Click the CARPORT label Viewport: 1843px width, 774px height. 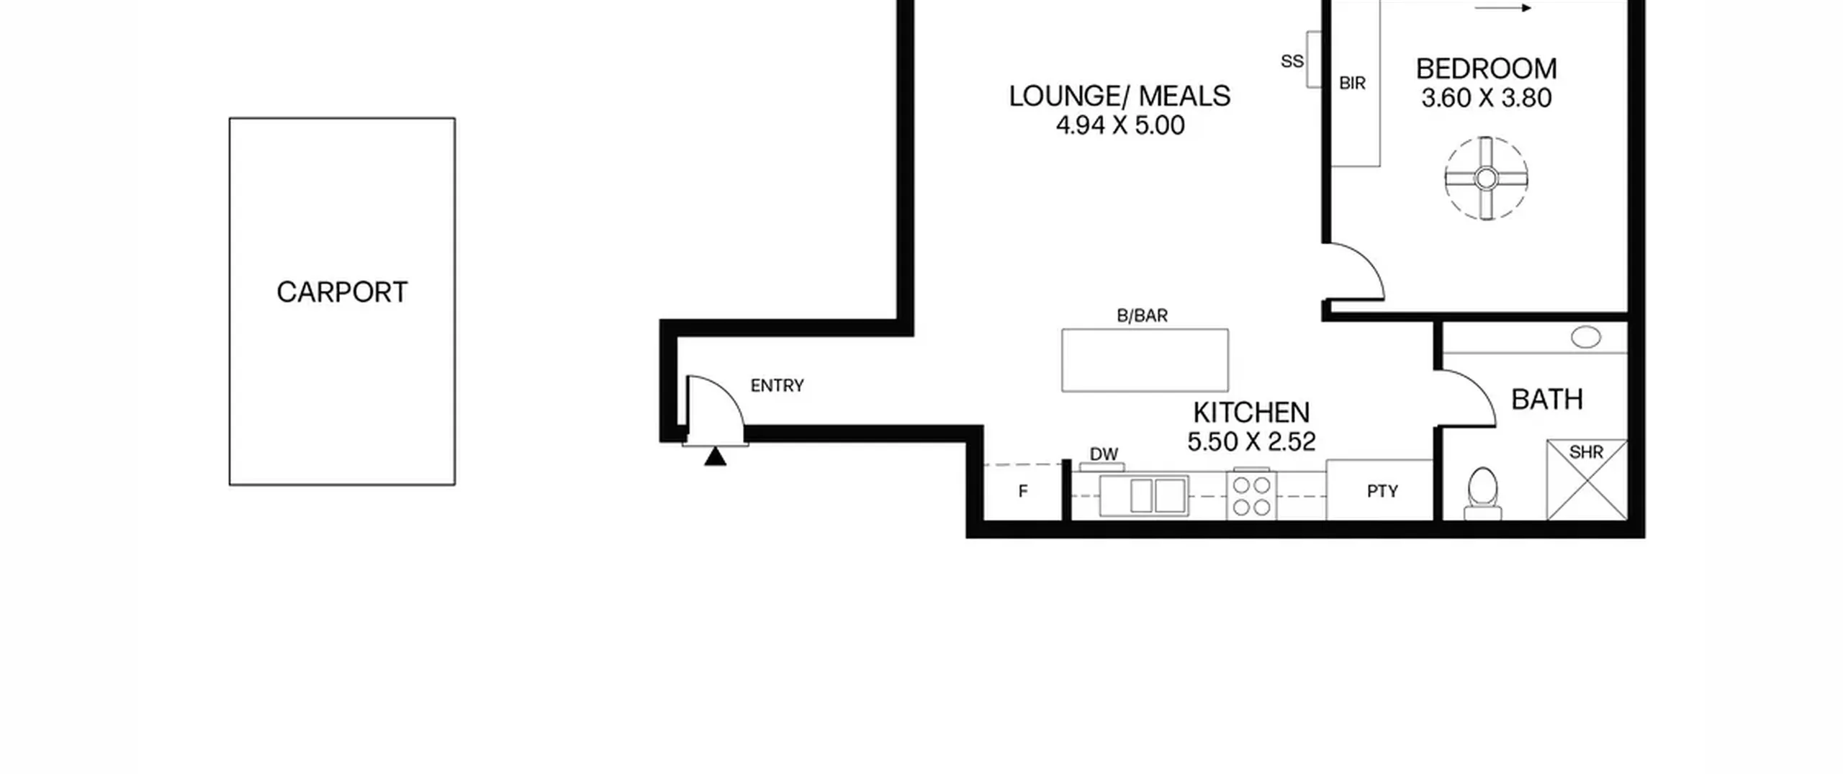(342, 292)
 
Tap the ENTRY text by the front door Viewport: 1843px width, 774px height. (777, 386)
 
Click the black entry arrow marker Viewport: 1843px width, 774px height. (715, 456)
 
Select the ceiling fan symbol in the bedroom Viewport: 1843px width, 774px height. (1486, 178)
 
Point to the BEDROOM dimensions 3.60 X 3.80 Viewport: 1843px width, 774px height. (1487, 98)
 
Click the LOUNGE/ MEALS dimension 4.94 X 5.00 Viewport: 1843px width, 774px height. (1120, 125)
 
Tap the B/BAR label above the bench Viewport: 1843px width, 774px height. (1143, 315)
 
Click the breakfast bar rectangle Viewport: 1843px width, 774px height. (1145, 360)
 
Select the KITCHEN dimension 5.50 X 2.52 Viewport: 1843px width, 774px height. (1251, 441)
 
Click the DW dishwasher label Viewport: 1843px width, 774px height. (1104, 454)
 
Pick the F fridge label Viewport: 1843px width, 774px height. (1023, 491)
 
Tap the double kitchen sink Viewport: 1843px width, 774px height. (1144, 495)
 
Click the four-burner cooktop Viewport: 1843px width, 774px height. (1251, 495)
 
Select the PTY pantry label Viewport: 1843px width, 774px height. (1382, 491)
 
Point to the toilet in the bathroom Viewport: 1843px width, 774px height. (1482, 494)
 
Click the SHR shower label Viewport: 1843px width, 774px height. (1586, 452)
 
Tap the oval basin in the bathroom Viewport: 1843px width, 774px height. (1585, 336)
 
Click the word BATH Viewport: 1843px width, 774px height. (1547, 399)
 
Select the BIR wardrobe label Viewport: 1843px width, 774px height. (1352, 84)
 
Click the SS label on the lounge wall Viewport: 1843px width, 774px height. (1292, 61)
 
